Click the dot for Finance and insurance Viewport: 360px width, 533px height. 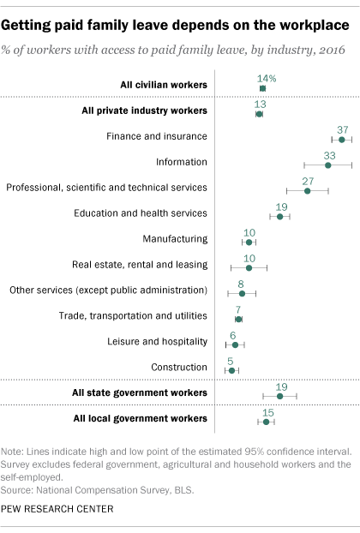click(x=342, y=140)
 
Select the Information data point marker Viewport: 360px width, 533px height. click(x=327, y=165)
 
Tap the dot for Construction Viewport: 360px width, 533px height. click(x=231, y=370)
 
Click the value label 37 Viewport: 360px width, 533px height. click(x=343, y=130)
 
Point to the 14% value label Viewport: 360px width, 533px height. click(x=267, y=79)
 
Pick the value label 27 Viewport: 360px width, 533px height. click(x=308, y=181)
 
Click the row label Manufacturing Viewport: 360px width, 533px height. click(x=175, y=239)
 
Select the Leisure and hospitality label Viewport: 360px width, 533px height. click(x=158, y=342)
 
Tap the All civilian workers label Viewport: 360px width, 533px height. click(x=164, y=85)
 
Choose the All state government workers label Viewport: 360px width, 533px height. click(x=140, y=393)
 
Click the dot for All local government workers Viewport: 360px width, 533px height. click(x=267, y=422)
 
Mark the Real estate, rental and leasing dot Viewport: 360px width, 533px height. click(x=249, y=268)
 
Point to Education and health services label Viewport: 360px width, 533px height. click(x=141, y=213)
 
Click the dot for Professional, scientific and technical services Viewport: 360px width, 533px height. click(x=308, y=191)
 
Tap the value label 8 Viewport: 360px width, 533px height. click(x=241, y=284)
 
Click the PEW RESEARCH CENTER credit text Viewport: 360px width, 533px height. click(x=57, y=509)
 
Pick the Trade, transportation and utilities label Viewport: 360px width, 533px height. click(x=133, y=316)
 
